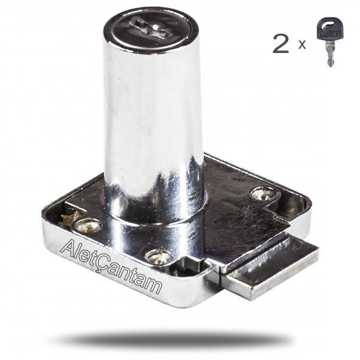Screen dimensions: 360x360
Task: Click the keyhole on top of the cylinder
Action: [x=150, y=29]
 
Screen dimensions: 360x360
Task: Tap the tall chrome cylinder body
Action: [x=153, y=115]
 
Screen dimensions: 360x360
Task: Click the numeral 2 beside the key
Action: [x=280, y=44]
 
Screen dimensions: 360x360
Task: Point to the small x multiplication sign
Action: [x=302, y=45]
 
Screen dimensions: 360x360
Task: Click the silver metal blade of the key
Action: [x=330, y=54]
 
